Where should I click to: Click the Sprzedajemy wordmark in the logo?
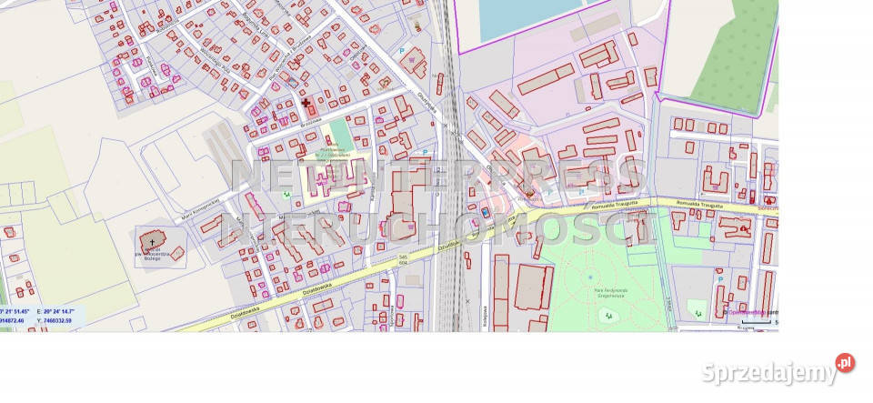(768, 372)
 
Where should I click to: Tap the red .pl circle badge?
(845, 363)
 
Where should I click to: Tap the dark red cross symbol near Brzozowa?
(306, 104)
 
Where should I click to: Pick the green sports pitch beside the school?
(338, 133)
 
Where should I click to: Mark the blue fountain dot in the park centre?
(589, 277)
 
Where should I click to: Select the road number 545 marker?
(403, 257)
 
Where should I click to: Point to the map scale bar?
(754, 322)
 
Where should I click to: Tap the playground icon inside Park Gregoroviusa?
(607, 315)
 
